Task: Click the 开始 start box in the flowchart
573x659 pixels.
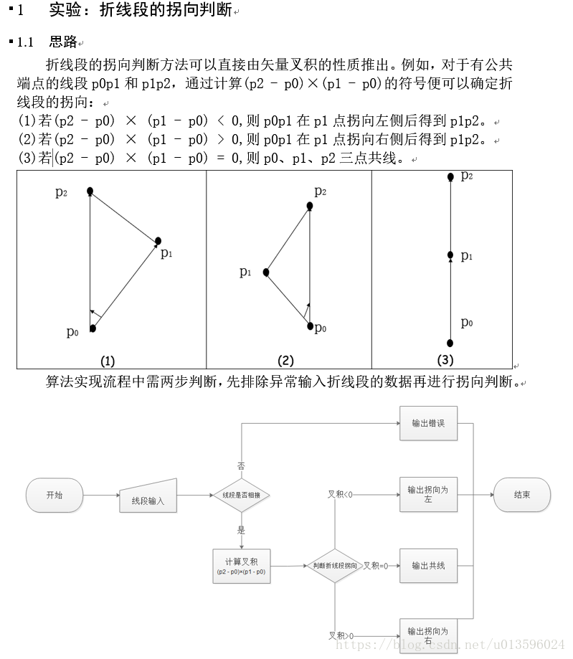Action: point(55,495)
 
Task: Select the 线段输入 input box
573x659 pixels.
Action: point(148,497)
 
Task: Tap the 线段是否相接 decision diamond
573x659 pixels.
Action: point(241,495)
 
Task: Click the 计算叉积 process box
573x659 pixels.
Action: point(242,566)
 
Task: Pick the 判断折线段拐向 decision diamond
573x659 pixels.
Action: point(335,566)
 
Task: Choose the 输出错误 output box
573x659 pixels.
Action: point(428,423)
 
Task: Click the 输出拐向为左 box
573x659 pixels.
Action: point(428,494)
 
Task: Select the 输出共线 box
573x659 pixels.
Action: point(428,566)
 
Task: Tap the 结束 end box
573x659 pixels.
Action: point(522,495)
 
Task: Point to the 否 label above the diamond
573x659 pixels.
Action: point(241,465)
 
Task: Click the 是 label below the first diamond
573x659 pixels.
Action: point(241,530)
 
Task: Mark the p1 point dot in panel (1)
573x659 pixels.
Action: point(158,241)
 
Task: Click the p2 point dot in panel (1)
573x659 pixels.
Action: point(90,191)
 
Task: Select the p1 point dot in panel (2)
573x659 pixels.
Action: point(266,272)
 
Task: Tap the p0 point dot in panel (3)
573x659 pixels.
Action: point(450,343)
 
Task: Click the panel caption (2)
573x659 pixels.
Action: point(285,361)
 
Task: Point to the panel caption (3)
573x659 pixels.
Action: point(445,359)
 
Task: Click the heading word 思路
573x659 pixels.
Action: point(63,42)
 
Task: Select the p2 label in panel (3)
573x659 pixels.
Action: point(466,176)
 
